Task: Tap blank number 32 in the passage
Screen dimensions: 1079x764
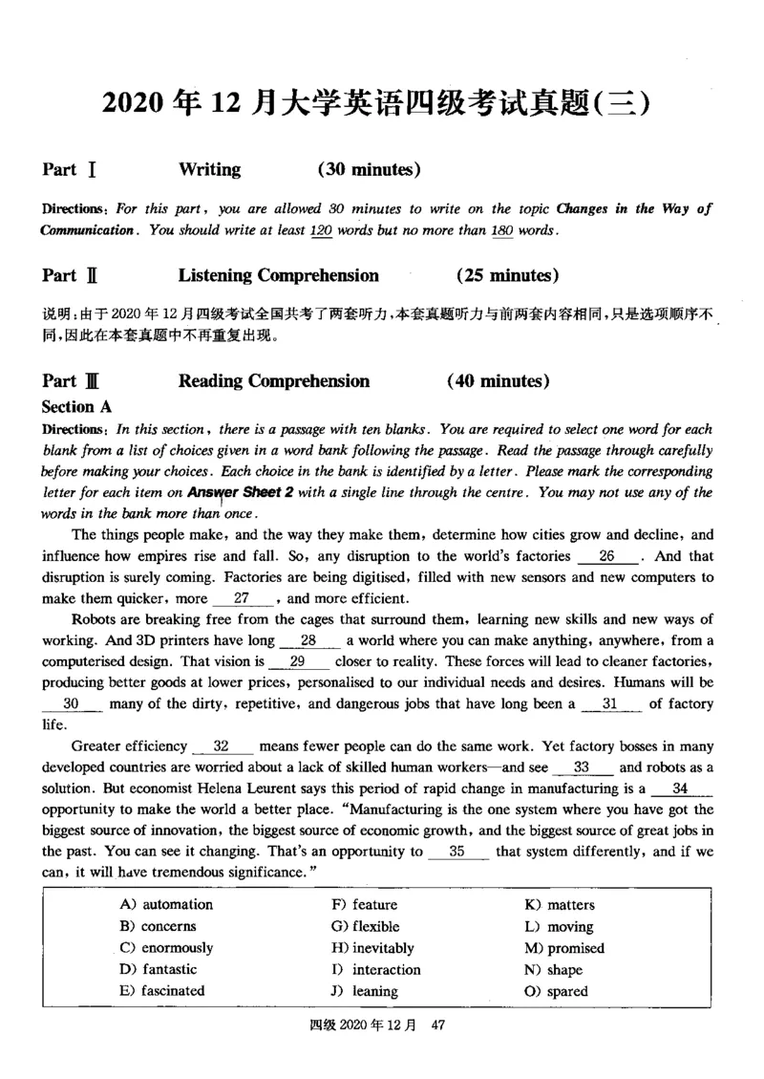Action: [222, 746]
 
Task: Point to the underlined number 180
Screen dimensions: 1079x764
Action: [500, 230]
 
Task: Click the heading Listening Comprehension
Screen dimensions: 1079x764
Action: [278, 276]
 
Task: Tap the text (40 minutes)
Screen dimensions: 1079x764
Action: [498, 381]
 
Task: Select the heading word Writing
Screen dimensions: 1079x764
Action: [209, 170]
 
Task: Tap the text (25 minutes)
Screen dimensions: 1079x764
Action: [507, 276]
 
